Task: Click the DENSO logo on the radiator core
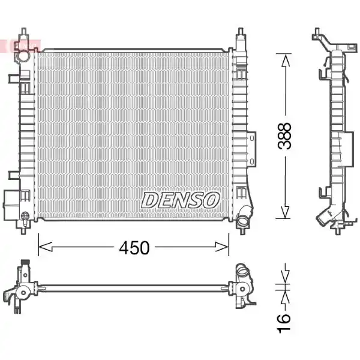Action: tap(180, 200)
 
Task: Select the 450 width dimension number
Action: tap(134, 248)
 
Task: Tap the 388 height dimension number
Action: tap(284, 136)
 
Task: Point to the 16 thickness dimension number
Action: tap(284, 323)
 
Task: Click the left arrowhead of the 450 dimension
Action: tap(45, 247)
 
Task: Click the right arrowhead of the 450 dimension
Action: tap(222, 247)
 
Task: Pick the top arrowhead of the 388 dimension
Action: tap(286, 60)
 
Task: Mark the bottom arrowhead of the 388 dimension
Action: tap(285, 212)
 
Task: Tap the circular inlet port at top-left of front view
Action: tap(24, 56)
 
